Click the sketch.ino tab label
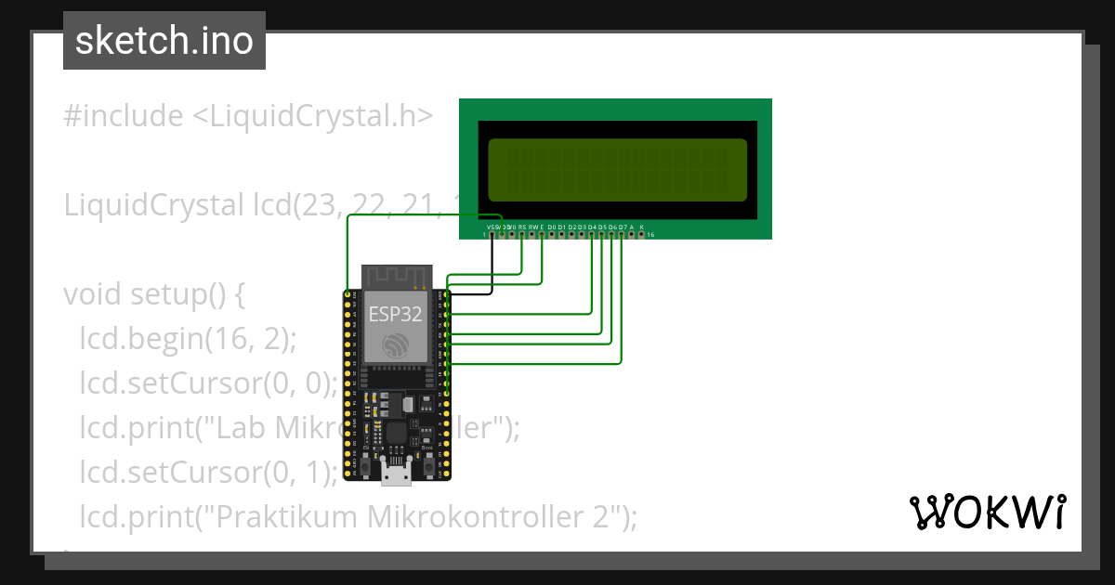tap(164, 41)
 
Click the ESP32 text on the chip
tap(395, 313)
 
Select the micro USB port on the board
tap(397, 475)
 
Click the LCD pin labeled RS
tap(522, 234)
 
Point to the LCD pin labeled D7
tap(622, 234)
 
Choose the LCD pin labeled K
tap(641, 234)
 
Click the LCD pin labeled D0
tap(552, 234)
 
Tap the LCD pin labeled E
tap(542, 234)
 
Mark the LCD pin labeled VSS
tap(492, 234)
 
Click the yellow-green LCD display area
tap(617, 170)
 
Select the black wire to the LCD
tap(491, 269)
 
